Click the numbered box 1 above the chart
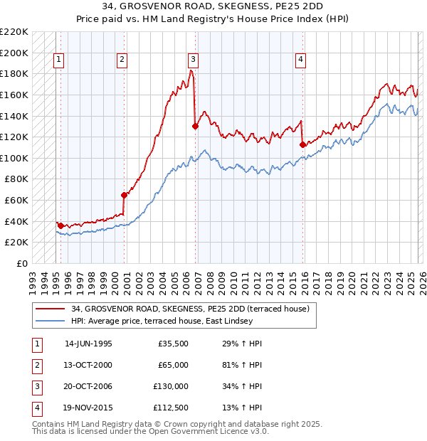pyautogui.click(x=58, y=60)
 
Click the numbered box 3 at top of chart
pyautogui.click(x=194, y=60)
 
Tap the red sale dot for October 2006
pyautogui.click(x=195, y=126)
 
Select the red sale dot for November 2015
pyautogui.click(x=302, y=144)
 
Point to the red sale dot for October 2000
pyautogui.click(x=124, y=194)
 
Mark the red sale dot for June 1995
pyautogui.click(x=60, y=225)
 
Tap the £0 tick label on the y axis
pyautogui.click(x=23, y=263)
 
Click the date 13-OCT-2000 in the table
pyautogui.click(x=88, y=365)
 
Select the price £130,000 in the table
pyautogui.click(x=171, y=386)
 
